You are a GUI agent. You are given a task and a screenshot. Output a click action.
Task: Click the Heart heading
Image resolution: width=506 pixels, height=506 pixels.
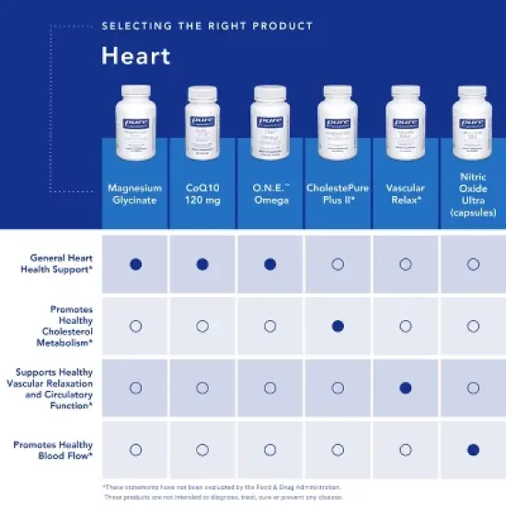click(135, 56)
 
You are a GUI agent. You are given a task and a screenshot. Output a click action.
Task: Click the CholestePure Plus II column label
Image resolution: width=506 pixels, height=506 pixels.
click(338, 193)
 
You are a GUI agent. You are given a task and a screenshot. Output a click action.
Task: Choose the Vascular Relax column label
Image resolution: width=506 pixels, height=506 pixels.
click(406, 193)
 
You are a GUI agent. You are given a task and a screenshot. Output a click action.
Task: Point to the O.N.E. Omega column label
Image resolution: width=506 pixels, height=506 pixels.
click(270, 193)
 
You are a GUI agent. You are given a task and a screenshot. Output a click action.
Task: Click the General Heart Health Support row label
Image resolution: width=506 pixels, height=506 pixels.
click(61, 264)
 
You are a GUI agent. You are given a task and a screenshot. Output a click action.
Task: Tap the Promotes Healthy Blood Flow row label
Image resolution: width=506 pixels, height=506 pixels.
click(54, 450)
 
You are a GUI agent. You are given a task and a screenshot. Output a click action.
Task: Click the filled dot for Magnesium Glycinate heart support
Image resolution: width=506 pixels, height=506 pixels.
click(135, 264)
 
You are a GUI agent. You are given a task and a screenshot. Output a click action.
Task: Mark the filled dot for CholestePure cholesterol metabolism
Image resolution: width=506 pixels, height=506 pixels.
click(338, 326)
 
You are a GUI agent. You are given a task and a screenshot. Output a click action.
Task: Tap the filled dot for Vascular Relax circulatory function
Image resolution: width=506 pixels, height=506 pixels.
click(406, 387)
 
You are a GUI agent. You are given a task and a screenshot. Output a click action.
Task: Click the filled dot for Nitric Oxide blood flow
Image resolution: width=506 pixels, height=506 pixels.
click(473, 450)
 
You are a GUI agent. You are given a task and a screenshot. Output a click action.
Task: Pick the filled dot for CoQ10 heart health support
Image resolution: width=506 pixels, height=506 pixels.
click(202, 264)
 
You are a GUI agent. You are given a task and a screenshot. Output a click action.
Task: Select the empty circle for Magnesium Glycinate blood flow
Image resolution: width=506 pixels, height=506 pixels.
click(135, 450)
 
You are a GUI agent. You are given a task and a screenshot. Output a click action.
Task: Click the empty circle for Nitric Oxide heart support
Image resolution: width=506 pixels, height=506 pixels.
click(473, 264)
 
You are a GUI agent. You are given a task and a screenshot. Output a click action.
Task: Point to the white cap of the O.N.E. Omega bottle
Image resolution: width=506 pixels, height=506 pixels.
click(270, 92)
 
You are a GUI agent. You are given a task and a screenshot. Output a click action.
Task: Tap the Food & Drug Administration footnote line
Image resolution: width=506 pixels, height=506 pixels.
click(221, 487)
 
